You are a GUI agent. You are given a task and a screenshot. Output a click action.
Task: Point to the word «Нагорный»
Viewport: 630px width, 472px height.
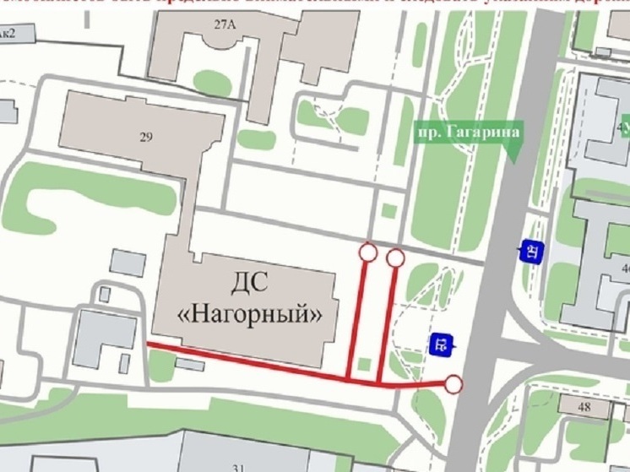pyautogui.click(x=252, y=314)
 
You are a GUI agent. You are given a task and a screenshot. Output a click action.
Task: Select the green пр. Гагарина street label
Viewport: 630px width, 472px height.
pyautogui.click(x=467, y=132)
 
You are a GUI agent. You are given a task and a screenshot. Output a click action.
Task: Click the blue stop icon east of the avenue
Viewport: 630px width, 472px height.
pyautogui.click(x=532, y=251)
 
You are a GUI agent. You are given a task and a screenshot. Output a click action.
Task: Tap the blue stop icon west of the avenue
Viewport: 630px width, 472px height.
pyautogui.click(x=442, y=344)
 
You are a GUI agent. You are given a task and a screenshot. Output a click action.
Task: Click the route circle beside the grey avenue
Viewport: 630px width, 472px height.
pyautogui.click(x=453, y=385)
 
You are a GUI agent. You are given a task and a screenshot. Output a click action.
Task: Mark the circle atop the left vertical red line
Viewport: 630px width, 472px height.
pyautogui.click(x=367, y=252)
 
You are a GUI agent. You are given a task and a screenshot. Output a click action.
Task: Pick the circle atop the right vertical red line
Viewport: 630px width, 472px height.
pyautogui.click(x=395, y=258)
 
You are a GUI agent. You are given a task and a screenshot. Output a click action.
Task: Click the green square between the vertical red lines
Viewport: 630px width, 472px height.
pyautogui.click(x=364, y=364)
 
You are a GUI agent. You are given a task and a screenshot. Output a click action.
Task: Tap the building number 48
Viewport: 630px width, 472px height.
pyautogui.click(x=584, y=407)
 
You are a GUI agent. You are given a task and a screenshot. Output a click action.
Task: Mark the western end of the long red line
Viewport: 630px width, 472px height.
pyautogui.click(x=149, y=345)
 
